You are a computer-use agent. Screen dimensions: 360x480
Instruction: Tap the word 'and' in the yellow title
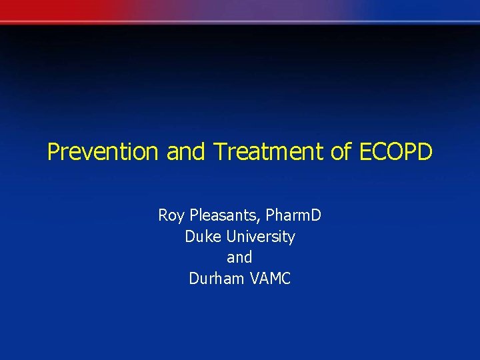(187, 152)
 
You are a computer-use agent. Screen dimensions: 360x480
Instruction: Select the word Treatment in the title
(269, 152)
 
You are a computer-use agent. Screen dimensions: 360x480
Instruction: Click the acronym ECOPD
(397, 152)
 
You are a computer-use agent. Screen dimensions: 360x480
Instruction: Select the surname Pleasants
(222, 215)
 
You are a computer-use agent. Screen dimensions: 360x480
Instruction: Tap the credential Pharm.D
(293, 215)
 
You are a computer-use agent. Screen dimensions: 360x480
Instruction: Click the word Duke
(203, 237)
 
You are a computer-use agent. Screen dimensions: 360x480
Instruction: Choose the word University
(261, 237)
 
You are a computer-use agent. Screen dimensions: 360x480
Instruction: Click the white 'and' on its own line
(240, 257)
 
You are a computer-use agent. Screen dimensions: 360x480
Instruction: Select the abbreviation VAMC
(271, 279)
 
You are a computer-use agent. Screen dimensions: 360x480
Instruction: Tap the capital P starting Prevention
(53, 152)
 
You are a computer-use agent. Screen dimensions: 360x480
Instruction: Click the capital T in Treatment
(220, 152)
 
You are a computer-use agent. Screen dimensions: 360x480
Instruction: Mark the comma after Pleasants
(261, 220)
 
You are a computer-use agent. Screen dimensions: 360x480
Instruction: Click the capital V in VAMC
(255, 279)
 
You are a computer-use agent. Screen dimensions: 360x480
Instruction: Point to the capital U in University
(231, 237)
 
